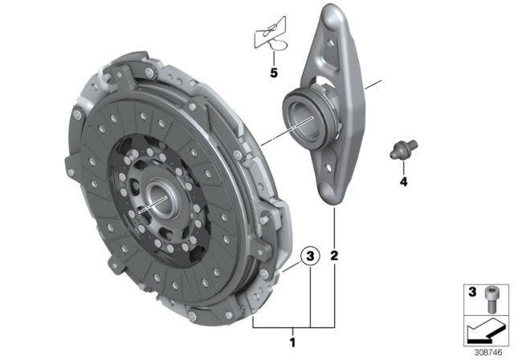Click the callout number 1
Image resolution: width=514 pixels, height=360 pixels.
click(x=292, y=342)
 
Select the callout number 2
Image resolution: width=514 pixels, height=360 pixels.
click(x=334, y=256)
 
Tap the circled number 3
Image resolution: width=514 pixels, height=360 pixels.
click(x=310, y=256)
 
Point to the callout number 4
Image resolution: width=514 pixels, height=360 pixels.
click(x=403, y=182)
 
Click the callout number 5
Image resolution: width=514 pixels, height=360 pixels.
click(x=274, y=72)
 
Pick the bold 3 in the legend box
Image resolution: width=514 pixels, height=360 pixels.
click(x=472, y=292)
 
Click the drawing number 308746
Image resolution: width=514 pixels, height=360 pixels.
click(x=488, y=353)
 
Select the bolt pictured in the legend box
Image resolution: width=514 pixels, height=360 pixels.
click(x=490, y=299)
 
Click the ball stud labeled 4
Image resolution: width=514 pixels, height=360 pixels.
click(x=403, y=149)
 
